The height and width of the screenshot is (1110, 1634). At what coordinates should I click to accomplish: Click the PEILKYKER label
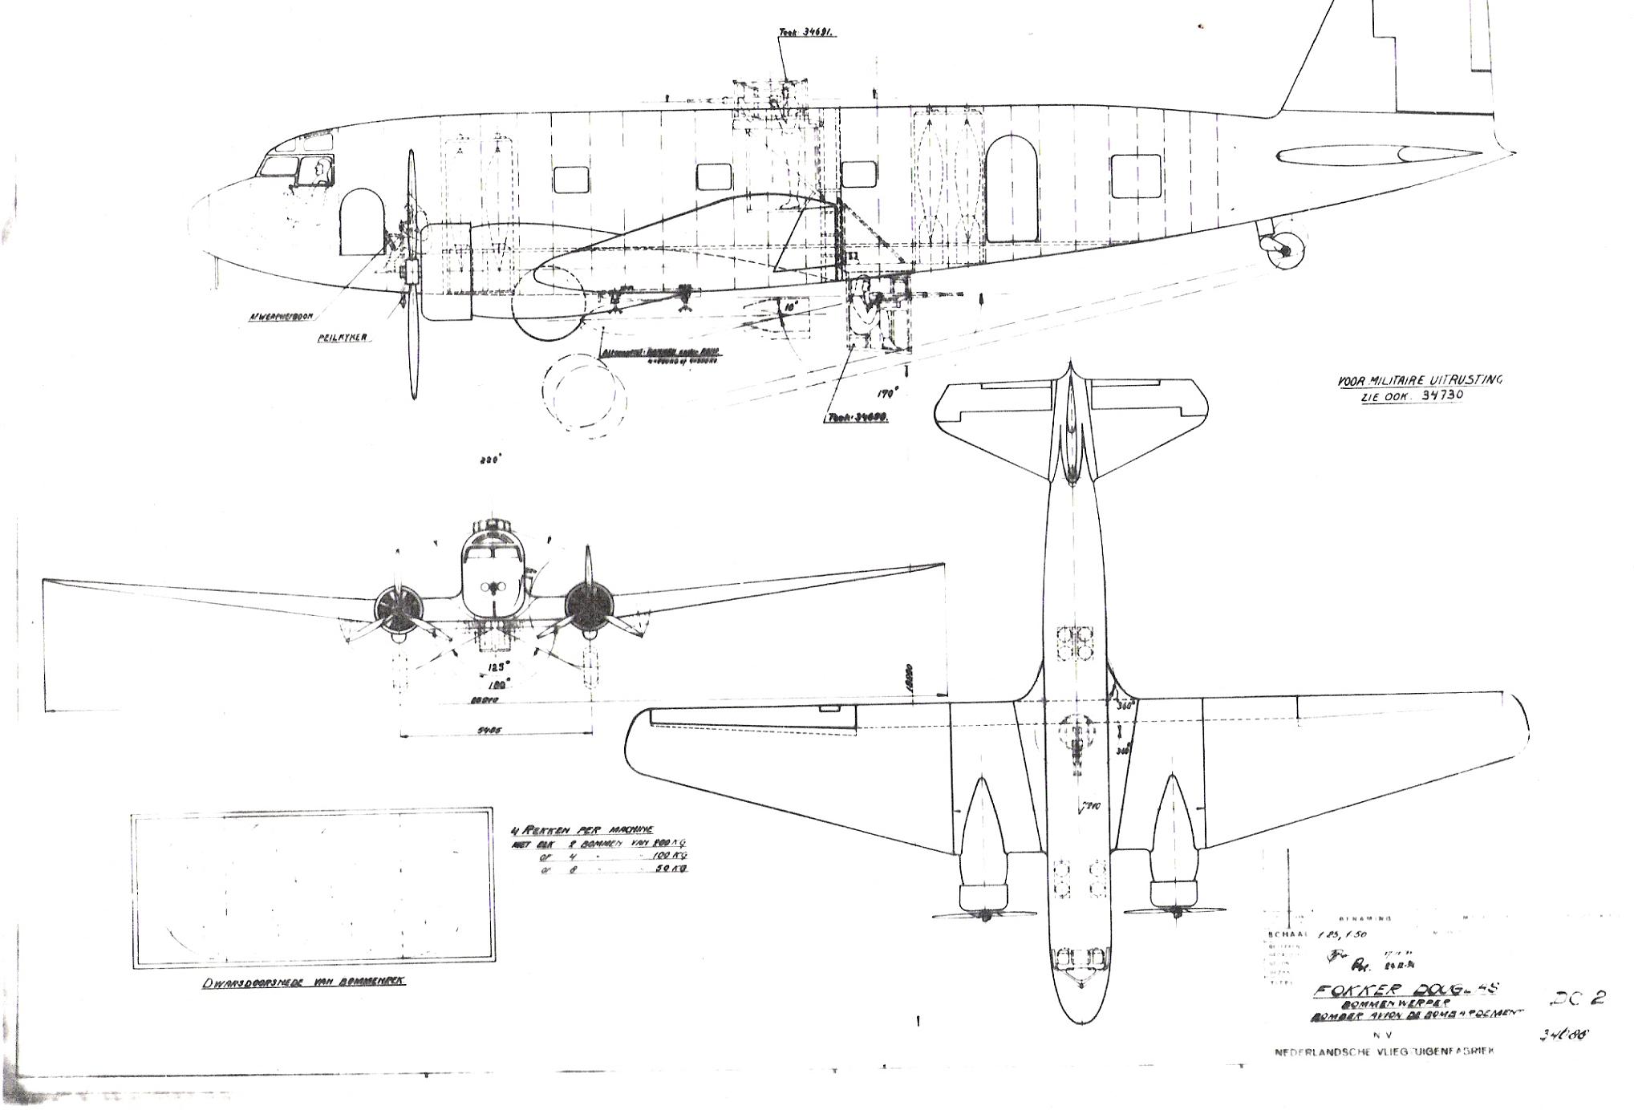pyautogui.click(x=343, y=338)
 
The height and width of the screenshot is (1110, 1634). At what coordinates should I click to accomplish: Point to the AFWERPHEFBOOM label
pyautogui.click(x=280, y=316)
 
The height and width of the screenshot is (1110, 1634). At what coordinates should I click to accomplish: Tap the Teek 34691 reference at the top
pyautogui.click(x=795, y=34)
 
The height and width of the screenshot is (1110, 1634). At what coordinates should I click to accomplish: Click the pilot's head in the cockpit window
pyautogui.click(x=321, y=171)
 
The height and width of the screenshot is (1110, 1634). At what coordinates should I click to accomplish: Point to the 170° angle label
pyautogui.click(x=886, y=392)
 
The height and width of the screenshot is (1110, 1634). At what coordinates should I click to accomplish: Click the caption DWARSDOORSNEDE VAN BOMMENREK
pyautogui.click(x=303, y=982)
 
